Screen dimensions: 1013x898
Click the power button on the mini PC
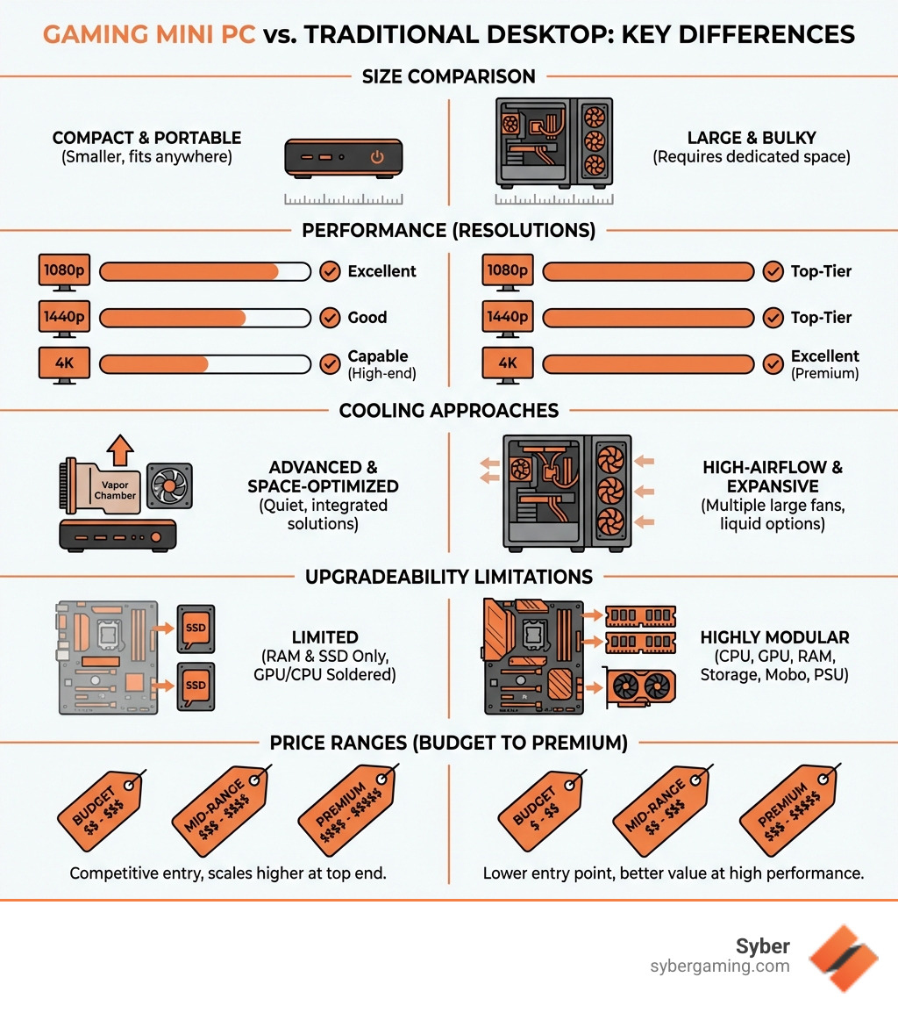tap(377, 158)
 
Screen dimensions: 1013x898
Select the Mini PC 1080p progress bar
tap(205, 271)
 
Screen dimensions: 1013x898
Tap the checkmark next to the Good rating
tap(330, 317)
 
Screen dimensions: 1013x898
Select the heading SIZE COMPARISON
tap(448, 76)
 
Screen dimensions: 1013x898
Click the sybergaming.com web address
tap(719, 966)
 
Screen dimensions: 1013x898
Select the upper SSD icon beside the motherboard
tap(196, 628)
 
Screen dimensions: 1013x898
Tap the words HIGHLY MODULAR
tap(774, 637)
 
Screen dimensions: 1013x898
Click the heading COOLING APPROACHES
tap(448, 410)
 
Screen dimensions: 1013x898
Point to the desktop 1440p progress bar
tap(648, 317)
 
